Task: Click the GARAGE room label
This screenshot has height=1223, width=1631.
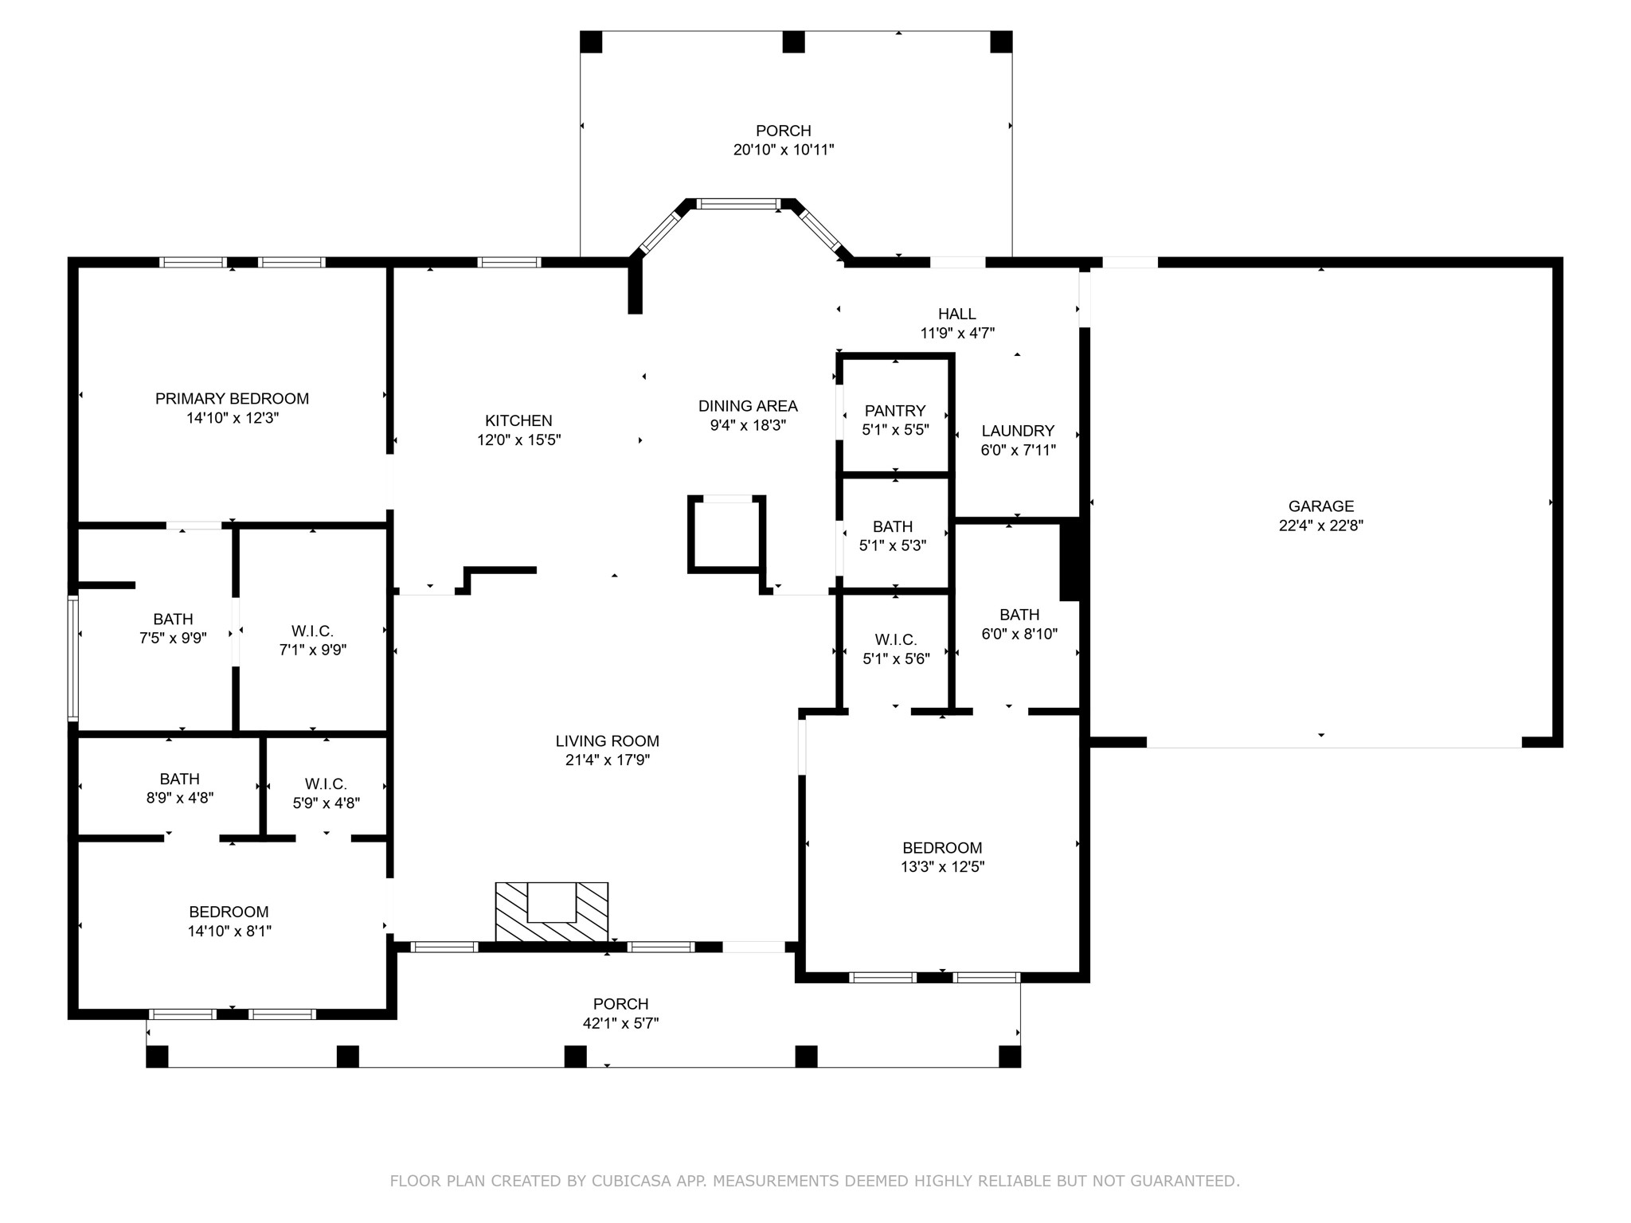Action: (x=1321, y=506)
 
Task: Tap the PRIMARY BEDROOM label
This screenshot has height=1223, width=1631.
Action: (x=232, y=398)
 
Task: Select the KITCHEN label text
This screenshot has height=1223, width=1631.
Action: (x=518, y=420)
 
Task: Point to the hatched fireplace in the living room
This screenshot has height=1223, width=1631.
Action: (x=552, y=912)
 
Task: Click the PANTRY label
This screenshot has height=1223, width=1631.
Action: (x=895, y=411)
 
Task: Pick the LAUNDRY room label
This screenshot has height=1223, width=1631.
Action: (x=1018, y=431)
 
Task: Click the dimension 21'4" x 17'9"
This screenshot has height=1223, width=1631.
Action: (x=608, y=760)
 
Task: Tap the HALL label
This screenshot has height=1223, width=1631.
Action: (x=956, y=314)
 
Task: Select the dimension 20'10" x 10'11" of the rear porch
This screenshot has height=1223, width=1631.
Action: (x=784, y=150)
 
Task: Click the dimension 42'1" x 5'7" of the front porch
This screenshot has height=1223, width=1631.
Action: (x=621, y=1023)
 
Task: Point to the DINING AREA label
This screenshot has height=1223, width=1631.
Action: (x=748, y=406)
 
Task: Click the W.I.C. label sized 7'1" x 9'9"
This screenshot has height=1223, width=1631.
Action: (x=313, y=631)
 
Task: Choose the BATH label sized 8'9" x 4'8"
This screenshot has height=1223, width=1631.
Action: (x=179, y=779)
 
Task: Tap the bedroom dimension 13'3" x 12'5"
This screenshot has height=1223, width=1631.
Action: (x=942, y=867)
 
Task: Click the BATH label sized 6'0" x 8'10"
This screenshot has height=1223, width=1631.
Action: (x=1019, y=615)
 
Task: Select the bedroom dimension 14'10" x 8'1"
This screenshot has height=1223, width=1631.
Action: (x=229, y=931)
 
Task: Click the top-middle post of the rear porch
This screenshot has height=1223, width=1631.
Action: (x=793, y=41)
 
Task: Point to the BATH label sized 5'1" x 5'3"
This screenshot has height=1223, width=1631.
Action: (x=893, y=526)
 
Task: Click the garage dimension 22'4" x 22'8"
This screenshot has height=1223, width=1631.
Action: (x=1321, y=526)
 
